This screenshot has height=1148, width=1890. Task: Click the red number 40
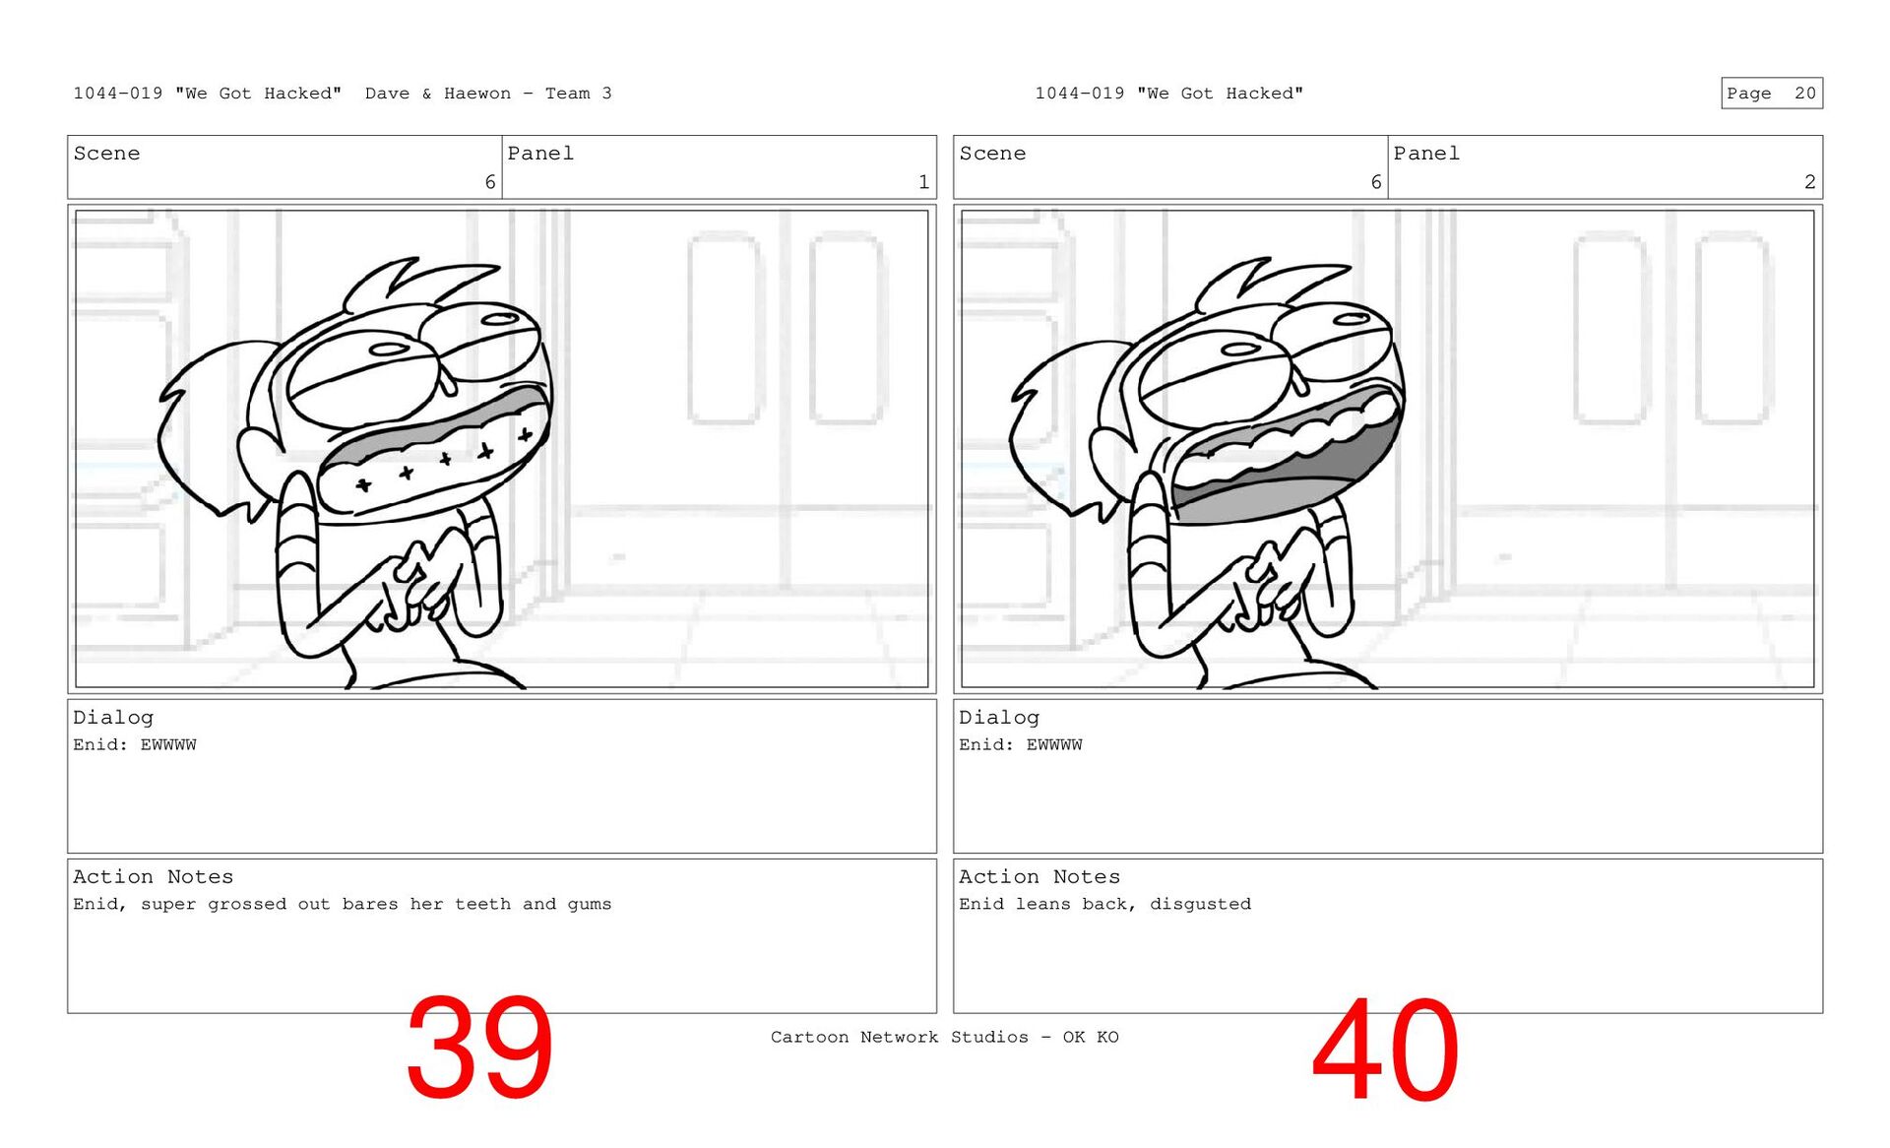pyautogui.click(x=1385, y=1050)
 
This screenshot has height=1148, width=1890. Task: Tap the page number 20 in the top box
pyautogui.click(x=1804, y=94)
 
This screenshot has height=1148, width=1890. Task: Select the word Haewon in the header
pyautogui.click(x=476, y=94)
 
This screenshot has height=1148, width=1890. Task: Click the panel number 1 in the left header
pyautogui.click(x=923, y=182)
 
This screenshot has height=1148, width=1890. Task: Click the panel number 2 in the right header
pyautogui.click(x=1809, y=182)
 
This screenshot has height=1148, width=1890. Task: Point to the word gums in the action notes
pyautogui.click(x=589, y=905)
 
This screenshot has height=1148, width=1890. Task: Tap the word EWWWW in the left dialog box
pyautogui.click(x=168, y=745)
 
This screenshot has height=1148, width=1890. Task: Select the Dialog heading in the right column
pyautogui.click(x=999, y=718)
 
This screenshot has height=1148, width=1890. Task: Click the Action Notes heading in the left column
pyautogui.click(x=154, y=876)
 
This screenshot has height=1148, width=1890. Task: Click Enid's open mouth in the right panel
pyautogui.click(x=1286, y=459)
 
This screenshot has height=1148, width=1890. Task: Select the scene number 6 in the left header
pyautogui.click(x=490, y=182)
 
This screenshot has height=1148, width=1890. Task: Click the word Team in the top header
pyautogui.click(x=568, y=94)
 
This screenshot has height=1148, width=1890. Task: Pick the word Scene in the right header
pyautogui.click(x=992, y=154)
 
